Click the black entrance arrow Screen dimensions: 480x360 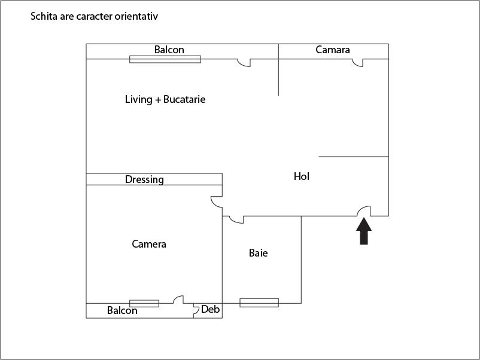point(364,231)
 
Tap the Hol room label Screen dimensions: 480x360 point(302,176)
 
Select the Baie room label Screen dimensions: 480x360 point(259,253)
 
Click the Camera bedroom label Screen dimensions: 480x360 point(149,244)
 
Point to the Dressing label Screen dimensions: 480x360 point(144,179)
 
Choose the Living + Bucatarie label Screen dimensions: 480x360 point(165,99)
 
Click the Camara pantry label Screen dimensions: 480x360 point(333,50)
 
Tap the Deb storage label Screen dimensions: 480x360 point(210,309)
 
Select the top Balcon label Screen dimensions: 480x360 point(169,50)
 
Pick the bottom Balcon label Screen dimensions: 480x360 point(122,310)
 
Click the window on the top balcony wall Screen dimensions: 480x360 point(165,59)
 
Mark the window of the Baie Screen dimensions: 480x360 point(259,303)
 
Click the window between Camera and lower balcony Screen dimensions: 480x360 point(144,303)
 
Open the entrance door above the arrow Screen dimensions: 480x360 point(364,211)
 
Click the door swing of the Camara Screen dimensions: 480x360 point(357,63)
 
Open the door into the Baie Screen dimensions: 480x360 point(236,219)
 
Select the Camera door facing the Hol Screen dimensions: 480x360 point(217,202)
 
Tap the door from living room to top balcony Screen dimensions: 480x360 point(244,63)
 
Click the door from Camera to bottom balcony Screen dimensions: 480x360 point(178,300)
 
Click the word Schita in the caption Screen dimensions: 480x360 point(44,16)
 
